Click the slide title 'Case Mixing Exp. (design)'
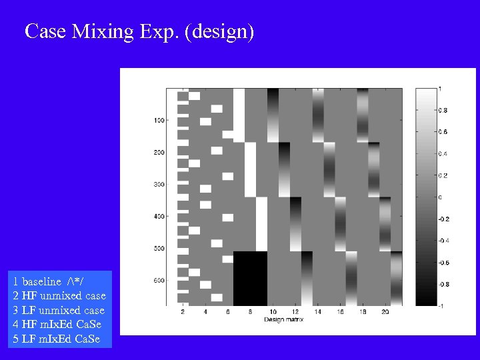[x=139, y=31]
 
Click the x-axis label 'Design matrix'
[x=283, y=319]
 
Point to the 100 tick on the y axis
[x=159, y=121]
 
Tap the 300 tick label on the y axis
[x=159, y=185]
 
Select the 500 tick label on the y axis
[x=159, y=249]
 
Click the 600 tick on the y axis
[x=159, y=281]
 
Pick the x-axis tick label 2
[x=183, y=312]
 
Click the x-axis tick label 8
[x=250, y=312]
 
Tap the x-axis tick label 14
[x=317, y=312]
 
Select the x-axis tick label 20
[x=385, y=312]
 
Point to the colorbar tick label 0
[x=439, y=197]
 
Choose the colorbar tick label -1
[x=441, y=305]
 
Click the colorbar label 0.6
[x=443, y=131]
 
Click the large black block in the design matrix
[x=250, y=278]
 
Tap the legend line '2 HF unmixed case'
[x=59, y=296]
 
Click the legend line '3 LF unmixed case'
[x=59, y=311]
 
